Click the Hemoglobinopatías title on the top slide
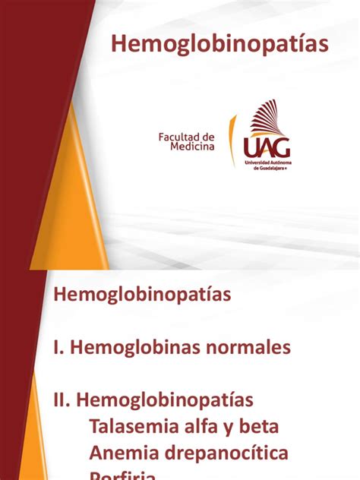(220, 45)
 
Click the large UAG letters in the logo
(267, 146)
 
